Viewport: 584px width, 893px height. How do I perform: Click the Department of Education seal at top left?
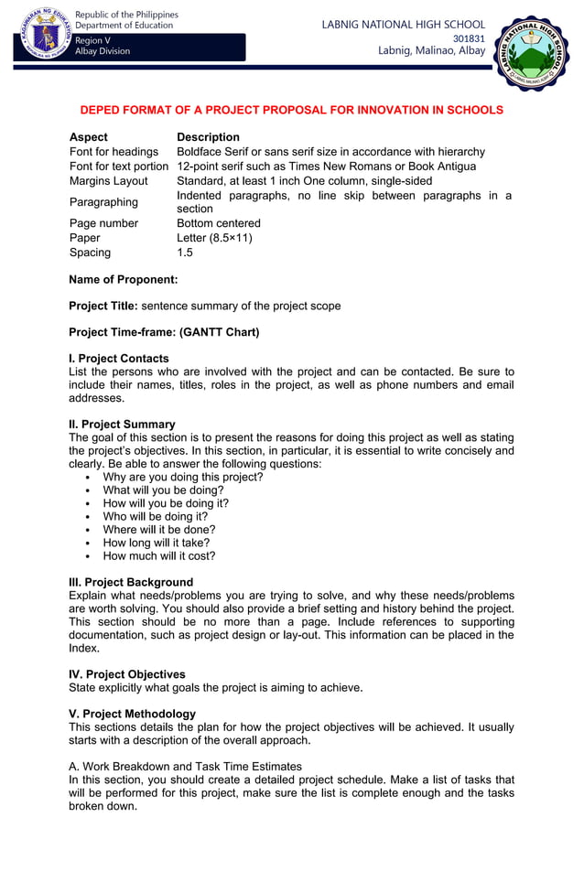click(43, 36)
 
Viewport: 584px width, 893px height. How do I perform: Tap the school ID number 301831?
click(469, 38)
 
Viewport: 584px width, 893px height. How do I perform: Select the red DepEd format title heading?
click(291, 110)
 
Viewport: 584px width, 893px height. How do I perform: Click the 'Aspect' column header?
click(88, 137)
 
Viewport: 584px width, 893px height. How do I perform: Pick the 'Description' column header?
click(208, 137)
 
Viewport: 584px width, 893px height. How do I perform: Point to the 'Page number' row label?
click(103, 223)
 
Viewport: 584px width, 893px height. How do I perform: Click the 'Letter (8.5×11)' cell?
click(214, 238)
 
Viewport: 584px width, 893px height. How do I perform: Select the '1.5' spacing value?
click(185, 253)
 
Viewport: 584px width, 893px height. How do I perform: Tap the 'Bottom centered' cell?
click(218, 223)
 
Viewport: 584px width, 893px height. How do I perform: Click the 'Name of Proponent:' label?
click(124, 279)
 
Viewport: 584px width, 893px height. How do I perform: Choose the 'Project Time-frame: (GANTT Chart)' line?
click(164, 332)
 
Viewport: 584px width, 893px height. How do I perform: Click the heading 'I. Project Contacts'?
click(119, 359)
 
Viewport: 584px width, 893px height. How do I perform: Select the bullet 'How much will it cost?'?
click(159, 555)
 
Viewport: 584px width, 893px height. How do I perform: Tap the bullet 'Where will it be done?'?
click(159, 529)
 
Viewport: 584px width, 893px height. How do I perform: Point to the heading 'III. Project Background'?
click(131, 582)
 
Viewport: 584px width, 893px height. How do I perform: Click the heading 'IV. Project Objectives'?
click(127, 674)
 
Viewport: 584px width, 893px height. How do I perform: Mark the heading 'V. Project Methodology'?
click(132, 714)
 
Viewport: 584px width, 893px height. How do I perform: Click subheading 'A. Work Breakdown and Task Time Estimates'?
click(185, 766)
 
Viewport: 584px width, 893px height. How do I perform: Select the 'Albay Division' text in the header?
click(103, 51)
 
